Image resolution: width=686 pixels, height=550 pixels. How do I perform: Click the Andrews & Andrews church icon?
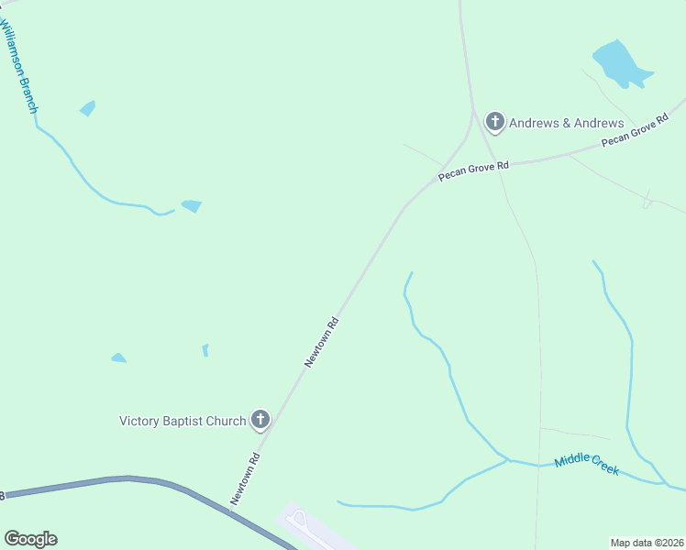495,121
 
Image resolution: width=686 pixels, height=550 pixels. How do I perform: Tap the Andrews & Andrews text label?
566,123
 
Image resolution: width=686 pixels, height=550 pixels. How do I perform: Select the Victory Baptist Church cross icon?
260,420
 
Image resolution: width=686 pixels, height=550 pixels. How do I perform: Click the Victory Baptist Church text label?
183,421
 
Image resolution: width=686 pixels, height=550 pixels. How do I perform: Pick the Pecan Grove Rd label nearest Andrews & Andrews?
473,171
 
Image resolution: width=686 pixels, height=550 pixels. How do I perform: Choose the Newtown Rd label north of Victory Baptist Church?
322,343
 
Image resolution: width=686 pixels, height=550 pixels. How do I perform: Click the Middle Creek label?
587,465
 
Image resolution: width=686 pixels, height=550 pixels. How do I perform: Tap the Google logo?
30,539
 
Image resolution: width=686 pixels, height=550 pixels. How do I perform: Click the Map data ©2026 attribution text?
647,542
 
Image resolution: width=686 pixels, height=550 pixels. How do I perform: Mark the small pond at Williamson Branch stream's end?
191,205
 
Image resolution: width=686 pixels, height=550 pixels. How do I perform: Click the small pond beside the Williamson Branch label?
87,108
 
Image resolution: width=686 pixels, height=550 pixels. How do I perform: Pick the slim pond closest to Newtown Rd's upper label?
205,349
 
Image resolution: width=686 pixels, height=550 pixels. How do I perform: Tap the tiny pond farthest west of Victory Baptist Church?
118,357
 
